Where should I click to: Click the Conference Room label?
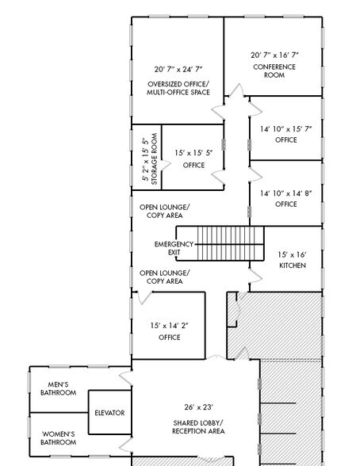(x=274, y=71)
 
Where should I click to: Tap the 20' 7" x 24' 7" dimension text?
(x=178, y=70)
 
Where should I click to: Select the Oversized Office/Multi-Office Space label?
(x=178, y=89)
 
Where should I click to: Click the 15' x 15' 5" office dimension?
(x=193, y=152)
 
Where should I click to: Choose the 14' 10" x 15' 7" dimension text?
(x=285, y=129)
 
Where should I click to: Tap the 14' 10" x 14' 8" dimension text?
(x=285, y=193)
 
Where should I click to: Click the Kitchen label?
(x=292, y=265)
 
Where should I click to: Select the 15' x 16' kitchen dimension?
(x=292, y=254)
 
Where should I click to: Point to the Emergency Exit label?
(x=174, y=248)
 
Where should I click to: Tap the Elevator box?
(x=109, y=413)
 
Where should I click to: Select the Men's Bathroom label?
(x=59, y=388)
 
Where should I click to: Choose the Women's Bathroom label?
(x=59, y=438)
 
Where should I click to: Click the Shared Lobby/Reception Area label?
(x=198, y=427)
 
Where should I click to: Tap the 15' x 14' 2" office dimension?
(x=169, y=326)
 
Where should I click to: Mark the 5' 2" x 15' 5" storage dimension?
(x=145, y=160)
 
